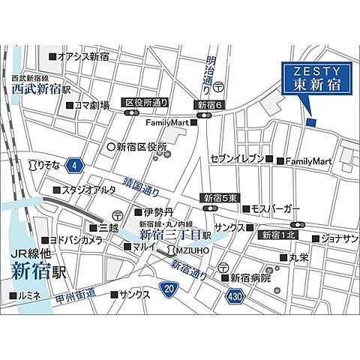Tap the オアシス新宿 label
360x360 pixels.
(82, 57)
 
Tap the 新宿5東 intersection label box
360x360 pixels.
(220, 198)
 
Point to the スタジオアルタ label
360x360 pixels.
(88, 190)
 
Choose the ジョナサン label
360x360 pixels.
(340, 238)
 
